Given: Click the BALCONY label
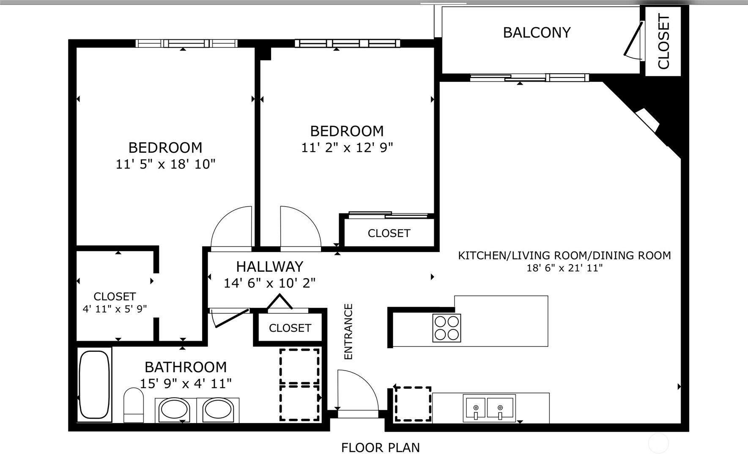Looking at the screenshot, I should point(537,33).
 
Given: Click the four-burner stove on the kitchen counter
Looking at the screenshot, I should point(447,328).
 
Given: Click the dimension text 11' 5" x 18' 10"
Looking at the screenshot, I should point(165,164).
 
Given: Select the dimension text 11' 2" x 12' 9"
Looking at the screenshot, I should point(347,148).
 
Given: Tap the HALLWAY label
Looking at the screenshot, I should point(269,266).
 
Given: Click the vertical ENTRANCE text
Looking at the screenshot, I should point(348,332).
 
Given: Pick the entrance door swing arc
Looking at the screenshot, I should point(358,390).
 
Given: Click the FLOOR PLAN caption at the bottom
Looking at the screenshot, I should point(380,448).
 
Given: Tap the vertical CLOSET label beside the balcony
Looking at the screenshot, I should point(663,41).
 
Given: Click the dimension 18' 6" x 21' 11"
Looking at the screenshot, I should point(564,268).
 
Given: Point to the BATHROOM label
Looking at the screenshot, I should point(186,367).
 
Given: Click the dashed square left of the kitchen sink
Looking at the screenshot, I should point(413,404).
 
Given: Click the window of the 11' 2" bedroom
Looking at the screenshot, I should point(347,43).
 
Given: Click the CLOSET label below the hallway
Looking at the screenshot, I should point(290,328).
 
